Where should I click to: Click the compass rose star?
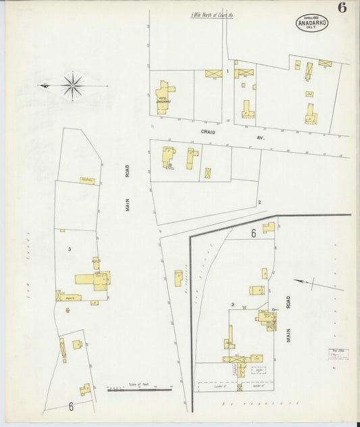click(72, 85)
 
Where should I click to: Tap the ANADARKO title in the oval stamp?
click(314, 22)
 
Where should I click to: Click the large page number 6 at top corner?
click(342, 8)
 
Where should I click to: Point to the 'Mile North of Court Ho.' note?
click(211, 14)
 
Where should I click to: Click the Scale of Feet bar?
click(139, 389)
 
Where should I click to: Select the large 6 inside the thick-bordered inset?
click(253, 234)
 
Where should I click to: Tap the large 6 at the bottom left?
click(70, 407)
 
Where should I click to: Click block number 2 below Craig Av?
click(259, 202)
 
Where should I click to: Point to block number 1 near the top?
click(228, 70)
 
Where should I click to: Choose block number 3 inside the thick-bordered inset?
click(232, 305)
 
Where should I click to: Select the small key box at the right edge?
click(339, 354)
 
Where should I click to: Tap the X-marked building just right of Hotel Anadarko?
click(213, 73)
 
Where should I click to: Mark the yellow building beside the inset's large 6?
click(269, 227)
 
